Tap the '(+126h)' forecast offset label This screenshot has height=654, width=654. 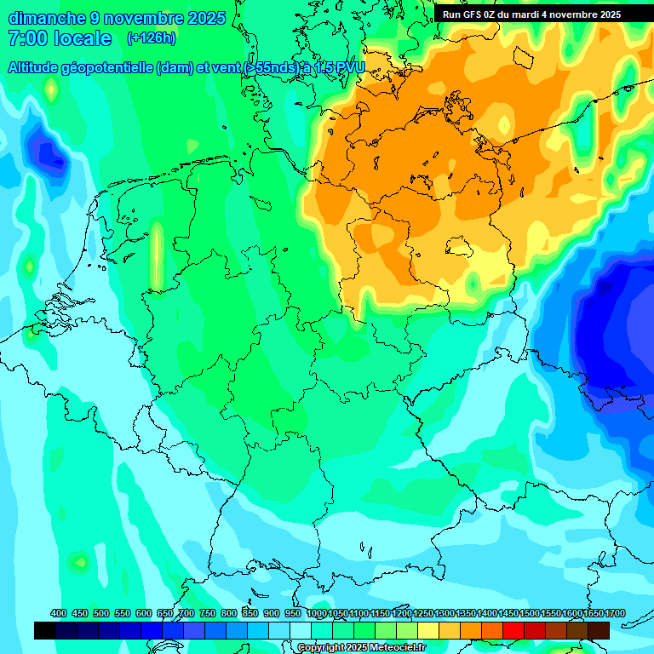pos(152,38)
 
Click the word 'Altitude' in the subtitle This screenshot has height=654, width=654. pos(39,68)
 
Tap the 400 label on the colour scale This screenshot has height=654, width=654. pos(59,613)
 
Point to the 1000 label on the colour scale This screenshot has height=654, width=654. pos(317,613)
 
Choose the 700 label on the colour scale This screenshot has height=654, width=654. pos(186,613)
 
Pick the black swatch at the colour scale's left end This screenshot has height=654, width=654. pos(45,630)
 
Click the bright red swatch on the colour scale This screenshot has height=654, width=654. pos(513,630)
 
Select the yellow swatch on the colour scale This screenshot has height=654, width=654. pos(428,630)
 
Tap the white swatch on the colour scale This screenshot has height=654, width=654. pos(301,630)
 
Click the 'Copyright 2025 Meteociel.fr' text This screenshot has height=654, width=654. pos(362,648)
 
